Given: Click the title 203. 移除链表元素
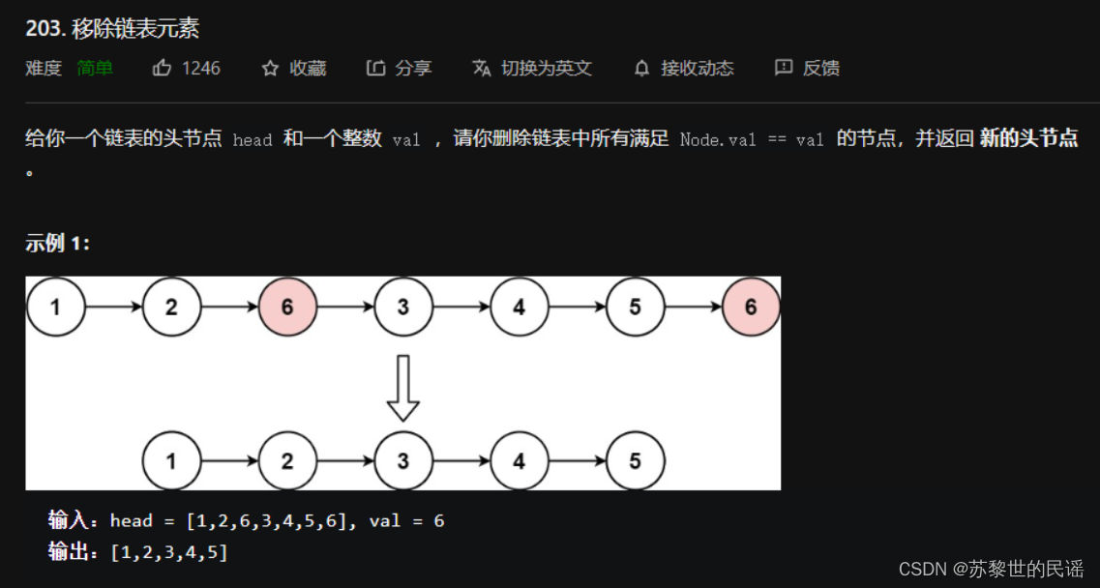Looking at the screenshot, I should (x=112, y=29).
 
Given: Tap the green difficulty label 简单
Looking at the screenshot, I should (x=95, y=69).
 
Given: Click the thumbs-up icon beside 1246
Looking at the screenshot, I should (x=163, y=69).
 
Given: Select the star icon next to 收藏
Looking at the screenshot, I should (x=270, y=69).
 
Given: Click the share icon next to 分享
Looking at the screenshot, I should (x=375, y=69).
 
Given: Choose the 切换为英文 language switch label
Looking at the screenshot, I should (x=546, y=69).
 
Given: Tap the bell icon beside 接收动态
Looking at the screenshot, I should (x=641, y=69).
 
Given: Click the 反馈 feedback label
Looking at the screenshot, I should (x=820, y=69).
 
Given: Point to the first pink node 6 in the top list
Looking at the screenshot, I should (x=287, y=308).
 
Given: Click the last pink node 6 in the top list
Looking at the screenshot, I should (x=751, y=308).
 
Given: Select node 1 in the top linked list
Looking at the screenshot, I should (x=55, y=308).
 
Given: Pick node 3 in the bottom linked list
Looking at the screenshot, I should (x=403, y=461).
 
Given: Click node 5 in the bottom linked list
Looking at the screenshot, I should (x=635, y=461).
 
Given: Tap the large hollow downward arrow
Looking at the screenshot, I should (x=403, y=387).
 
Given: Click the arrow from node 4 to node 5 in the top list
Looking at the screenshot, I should (x=577, y=308).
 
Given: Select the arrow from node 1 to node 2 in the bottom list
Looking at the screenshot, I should (x=229, y=461).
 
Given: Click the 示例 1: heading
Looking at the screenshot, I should (x=58, y=244).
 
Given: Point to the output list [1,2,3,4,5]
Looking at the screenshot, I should (x=169, y=553).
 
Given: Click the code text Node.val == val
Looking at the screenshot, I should (x=752, y=140).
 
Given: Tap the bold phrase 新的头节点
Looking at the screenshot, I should (x=1028, y=138).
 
